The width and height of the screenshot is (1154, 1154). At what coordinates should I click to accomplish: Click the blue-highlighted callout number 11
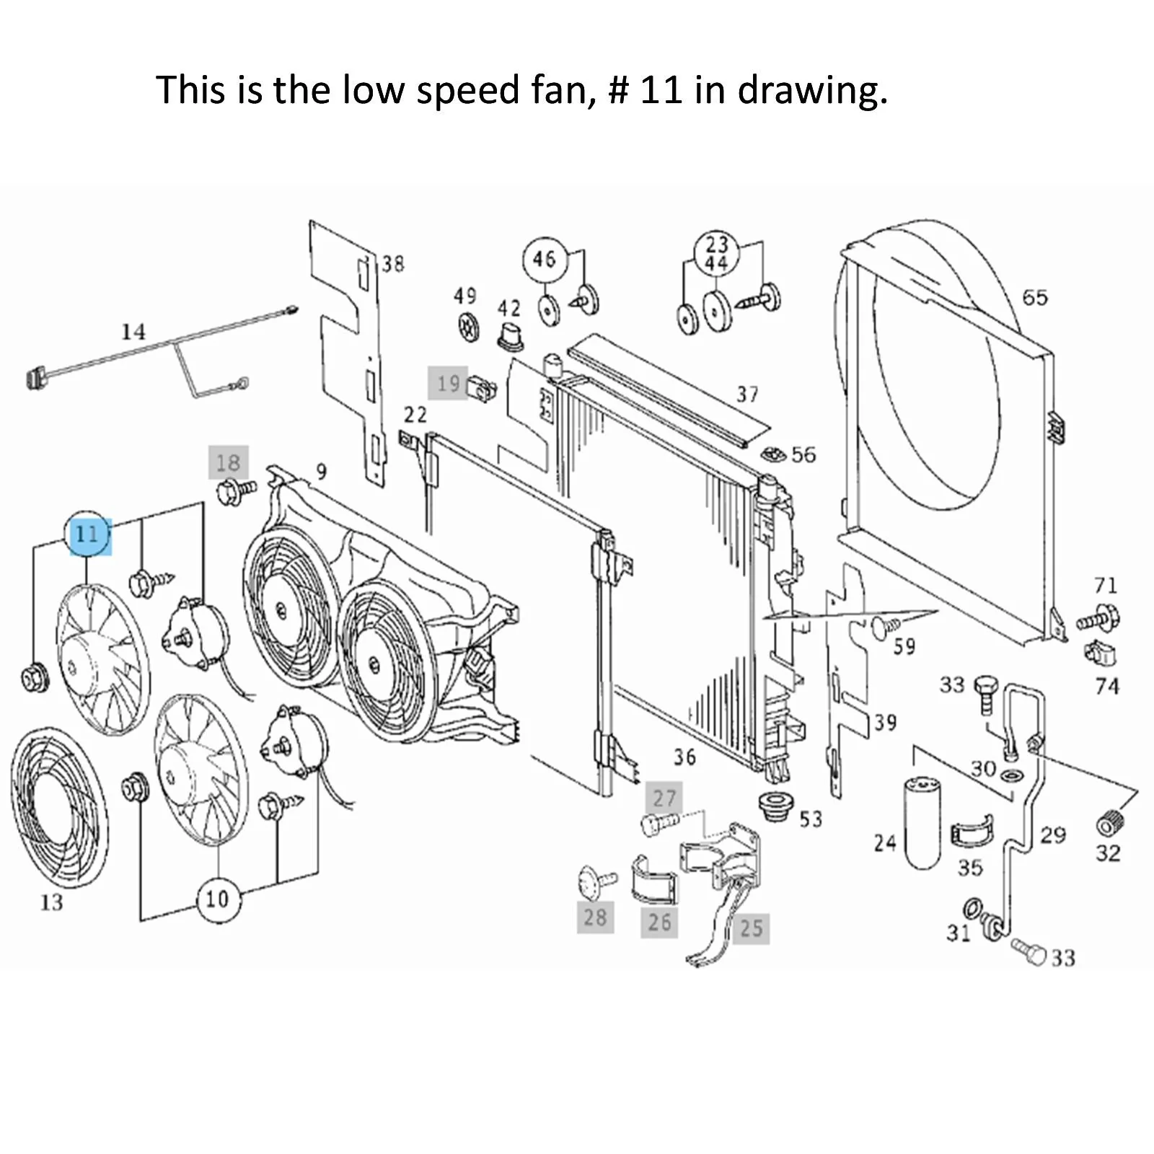click(x=87, y=534)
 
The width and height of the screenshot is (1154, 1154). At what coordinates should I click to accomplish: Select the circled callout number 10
click(x=216, y=899)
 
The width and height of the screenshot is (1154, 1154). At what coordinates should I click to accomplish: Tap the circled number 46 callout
click(x=545, y=259)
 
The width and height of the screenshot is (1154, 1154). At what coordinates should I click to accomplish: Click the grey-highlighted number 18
click(x=229, y=462)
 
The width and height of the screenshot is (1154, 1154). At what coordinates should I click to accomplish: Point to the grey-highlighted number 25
click(x=751, y=928)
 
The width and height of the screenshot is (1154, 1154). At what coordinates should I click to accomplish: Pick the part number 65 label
click(x=1035, y=297)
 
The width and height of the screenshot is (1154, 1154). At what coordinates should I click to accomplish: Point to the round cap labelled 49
click(x=469, y=326)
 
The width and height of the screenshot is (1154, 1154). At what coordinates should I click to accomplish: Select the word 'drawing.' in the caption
click(x=812, y=91)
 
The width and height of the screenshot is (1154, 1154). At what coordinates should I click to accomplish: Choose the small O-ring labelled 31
click(x=972, y=906)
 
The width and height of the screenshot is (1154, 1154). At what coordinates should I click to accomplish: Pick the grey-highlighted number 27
click(x=664, y=798)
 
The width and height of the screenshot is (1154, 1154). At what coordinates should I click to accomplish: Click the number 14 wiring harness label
click(x=133, y=332)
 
